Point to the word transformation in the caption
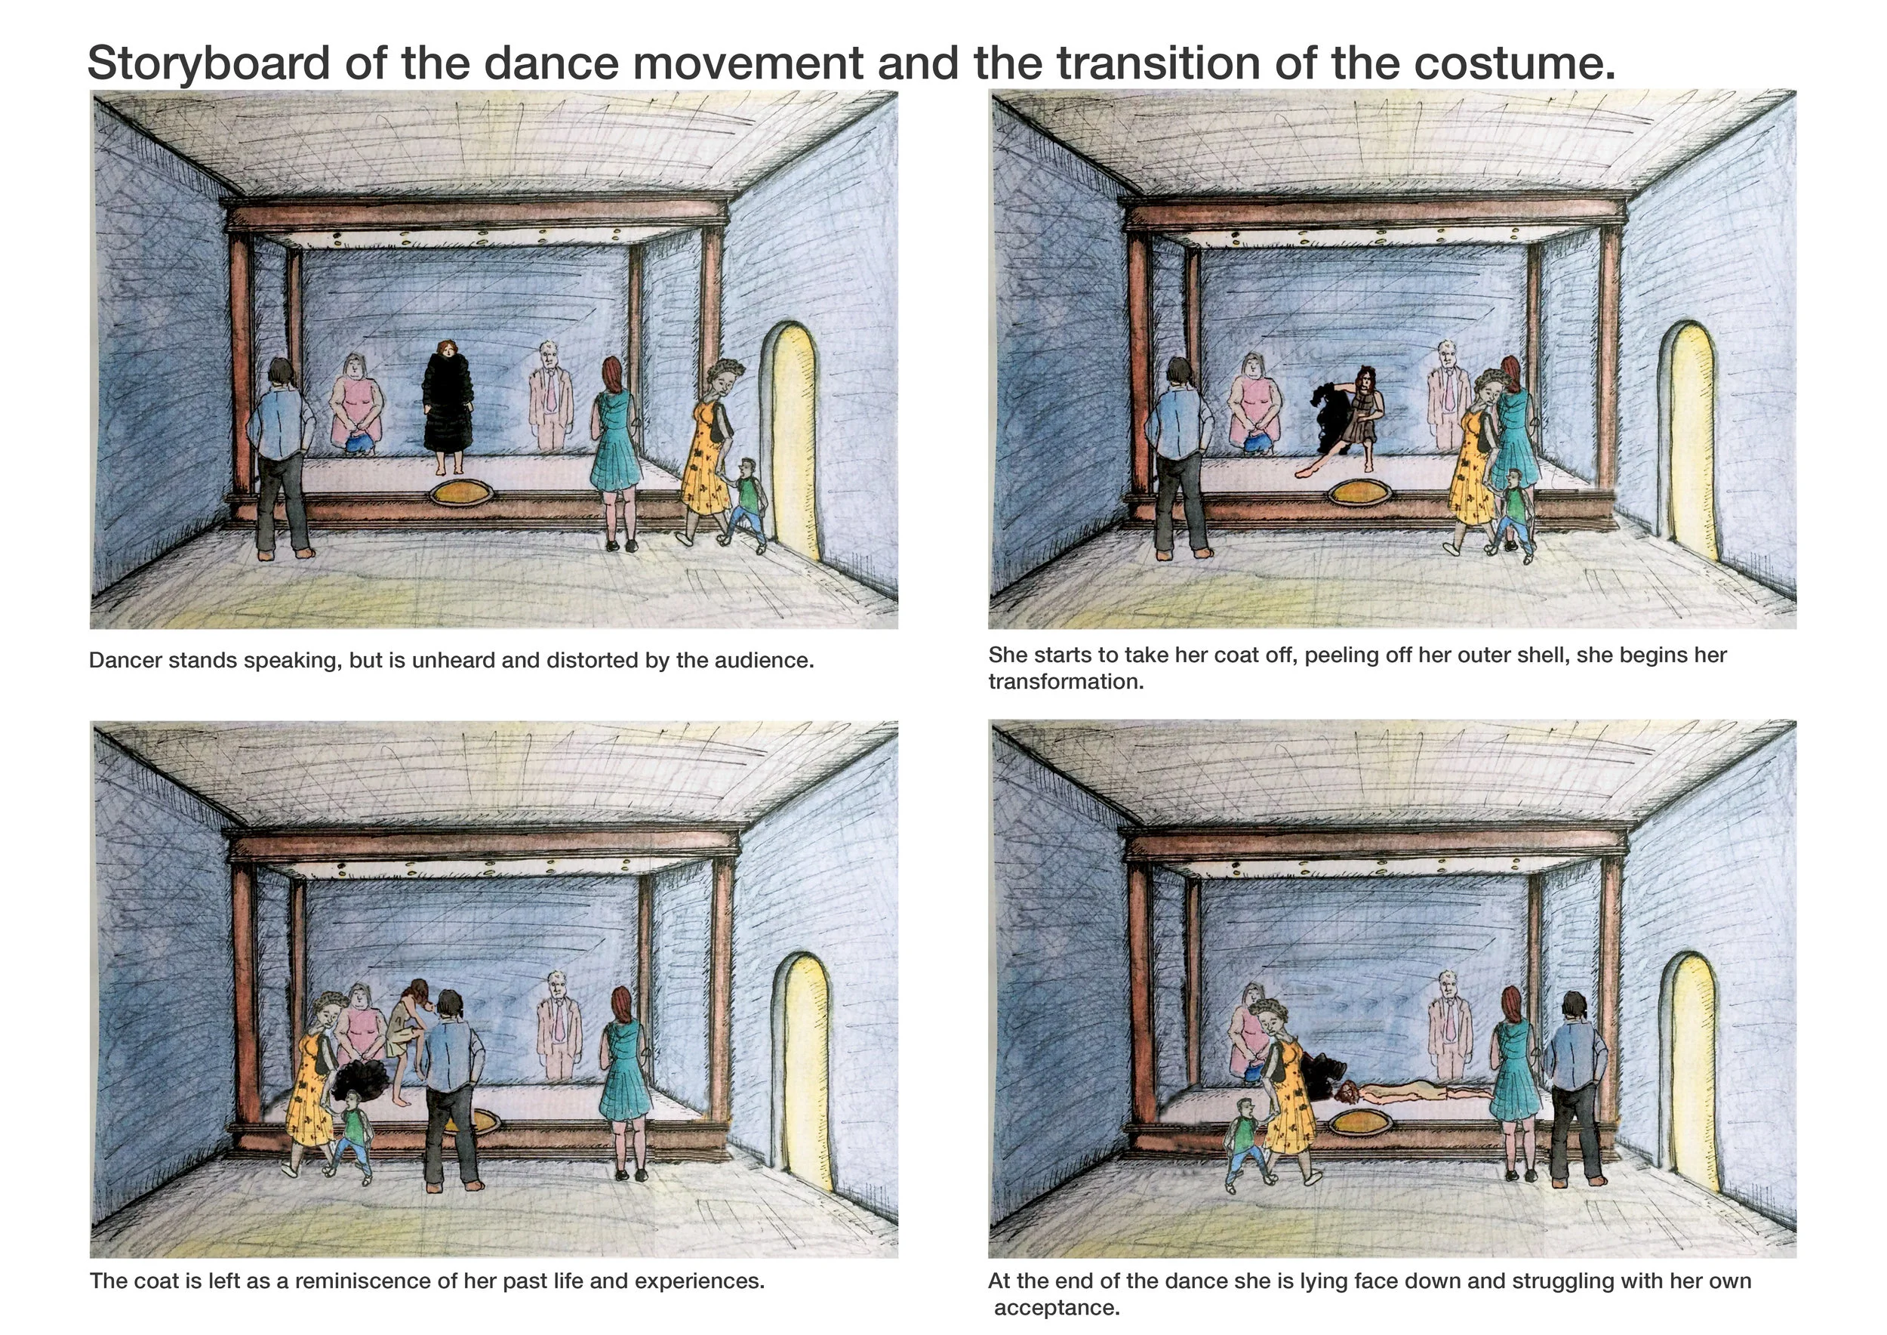coord(1065,682)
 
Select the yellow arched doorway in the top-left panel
coord(793,436)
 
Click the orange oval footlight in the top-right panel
coord(1360,493)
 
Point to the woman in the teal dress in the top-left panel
coord(617,448)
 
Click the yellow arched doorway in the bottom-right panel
coord(1692,1068)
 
